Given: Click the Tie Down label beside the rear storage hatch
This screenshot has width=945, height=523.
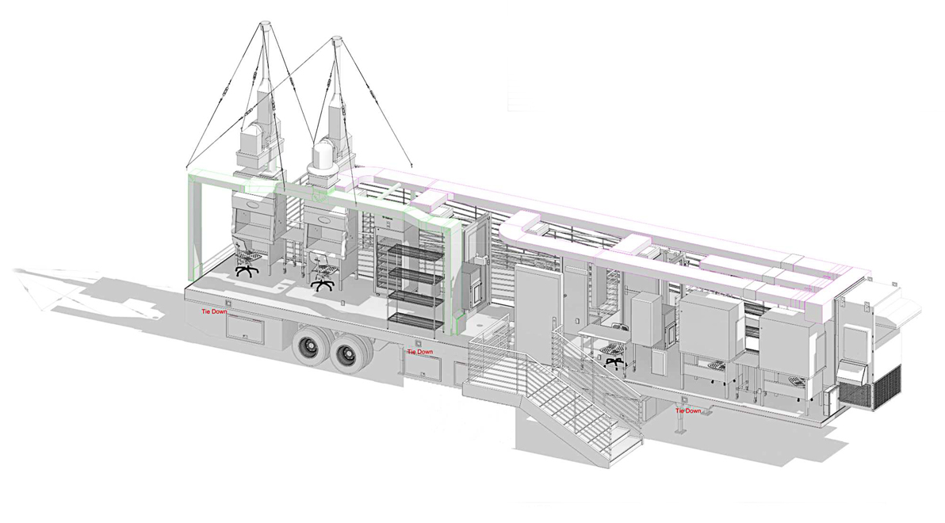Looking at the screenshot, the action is click(215, 311).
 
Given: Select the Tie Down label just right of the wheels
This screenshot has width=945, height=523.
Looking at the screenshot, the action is click(420, 352).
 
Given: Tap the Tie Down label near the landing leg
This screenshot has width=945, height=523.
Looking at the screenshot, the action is click(688, 411).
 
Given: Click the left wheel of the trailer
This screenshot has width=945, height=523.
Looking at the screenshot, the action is click(311, 347).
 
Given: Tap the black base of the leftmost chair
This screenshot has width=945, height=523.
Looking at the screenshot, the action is click(247, 269).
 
